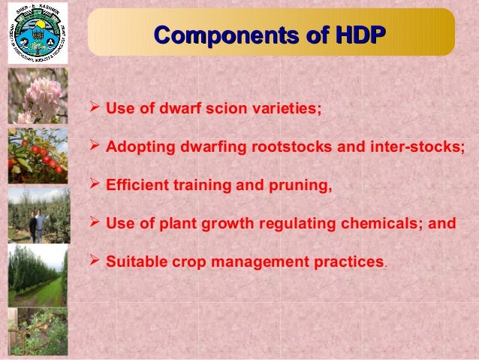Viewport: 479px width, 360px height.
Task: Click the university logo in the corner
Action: [x=37, y=34]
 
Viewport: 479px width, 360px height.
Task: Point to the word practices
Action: [x=348, y=262]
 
